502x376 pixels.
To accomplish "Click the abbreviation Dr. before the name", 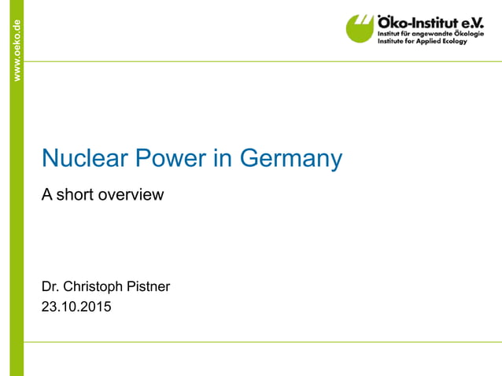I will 50,286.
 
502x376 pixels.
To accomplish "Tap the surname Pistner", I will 149,286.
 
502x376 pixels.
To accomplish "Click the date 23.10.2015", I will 76,307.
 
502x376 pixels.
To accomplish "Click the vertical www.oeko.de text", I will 16,50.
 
